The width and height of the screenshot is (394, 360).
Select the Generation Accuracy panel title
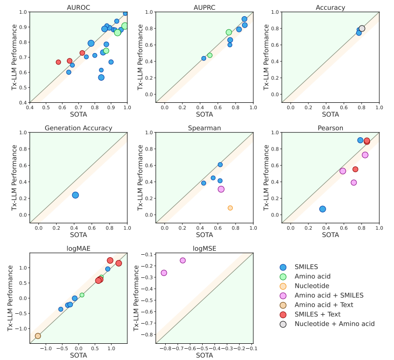[78, 128]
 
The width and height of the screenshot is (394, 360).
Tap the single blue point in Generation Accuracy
[75, 195]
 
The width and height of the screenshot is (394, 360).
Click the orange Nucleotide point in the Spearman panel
[230, 208]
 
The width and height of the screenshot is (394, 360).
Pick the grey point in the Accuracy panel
[362, 29]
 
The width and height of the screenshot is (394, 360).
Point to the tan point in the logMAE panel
[38, 336]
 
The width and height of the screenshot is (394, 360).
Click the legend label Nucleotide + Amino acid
[334, 324]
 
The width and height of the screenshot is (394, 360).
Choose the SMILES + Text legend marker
[283, 314]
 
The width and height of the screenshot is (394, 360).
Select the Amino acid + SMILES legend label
[329, 295]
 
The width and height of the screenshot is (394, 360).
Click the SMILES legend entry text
[306, 267]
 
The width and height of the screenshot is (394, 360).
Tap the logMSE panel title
[204, 248]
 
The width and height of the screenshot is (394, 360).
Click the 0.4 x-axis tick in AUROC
[30, 107]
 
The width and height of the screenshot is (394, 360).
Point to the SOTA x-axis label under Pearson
[331, 235]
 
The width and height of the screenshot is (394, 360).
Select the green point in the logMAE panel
[82, 295]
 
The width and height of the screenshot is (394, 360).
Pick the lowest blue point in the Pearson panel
[323, 209]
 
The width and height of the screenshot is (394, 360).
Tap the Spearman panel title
[204, 128]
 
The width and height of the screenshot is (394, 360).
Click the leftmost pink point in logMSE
[164, 273]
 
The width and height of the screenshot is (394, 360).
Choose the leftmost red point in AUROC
[59, 62]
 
